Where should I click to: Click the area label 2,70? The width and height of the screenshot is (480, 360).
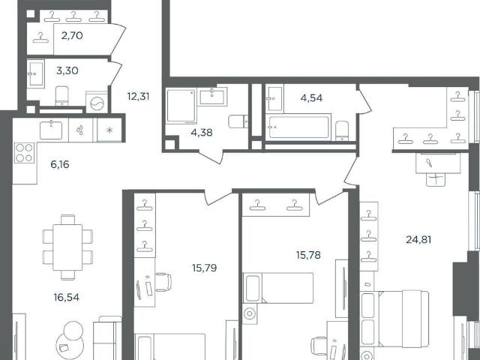tap(72, 36)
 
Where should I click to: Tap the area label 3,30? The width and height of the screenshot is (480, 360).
tap(67, 70)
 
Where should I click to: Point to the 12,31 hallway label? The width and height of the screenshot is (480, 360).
tap(138, 97)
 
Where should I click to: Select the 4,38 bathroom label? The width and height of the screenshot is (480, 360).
tap(202, 133)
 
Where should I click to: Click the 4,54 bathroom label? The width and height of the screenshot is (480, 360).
tap(311, 98)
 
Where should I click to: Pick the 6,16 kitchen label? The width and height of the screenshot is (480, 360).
tap(60, 165)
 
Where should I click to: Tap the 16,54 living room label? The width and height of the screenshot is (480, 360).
tap(67, 297)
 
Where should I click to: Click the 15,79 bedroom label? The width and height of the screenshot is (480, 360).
tap(205, 268)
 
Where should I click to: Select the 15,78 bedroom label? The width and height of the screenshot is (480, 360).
tap(308, 255)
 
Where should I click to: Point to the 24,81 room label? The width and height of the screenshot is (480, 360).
tap(418, 239)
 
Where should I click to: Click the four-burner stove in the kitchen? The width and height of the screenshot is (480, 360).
tap(24, 153)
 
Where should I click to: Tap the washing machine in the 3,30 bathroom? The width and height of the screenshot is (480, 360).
tap(97, 103)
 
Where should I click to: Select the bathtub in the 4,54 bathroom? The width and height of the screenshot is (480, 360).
tap(298, 127)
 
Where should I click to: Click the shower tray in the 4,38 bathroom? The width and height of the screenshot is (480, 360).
tap(181, 106)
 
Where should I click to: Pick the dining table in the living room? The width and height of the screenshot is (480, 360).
tap(67, 247)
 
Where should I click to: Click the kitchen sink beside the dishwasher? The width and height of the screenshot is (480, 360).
tap(51, 130)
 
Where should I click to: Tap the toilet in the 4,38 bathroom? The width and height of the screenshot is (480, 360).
tap(238, 121)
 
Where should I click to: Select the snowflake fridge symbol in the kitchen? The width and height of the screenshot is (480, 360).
tap(109, 130)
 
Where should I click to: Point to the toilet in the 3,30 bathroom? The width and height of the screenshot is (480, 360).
tap(62, 95)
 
